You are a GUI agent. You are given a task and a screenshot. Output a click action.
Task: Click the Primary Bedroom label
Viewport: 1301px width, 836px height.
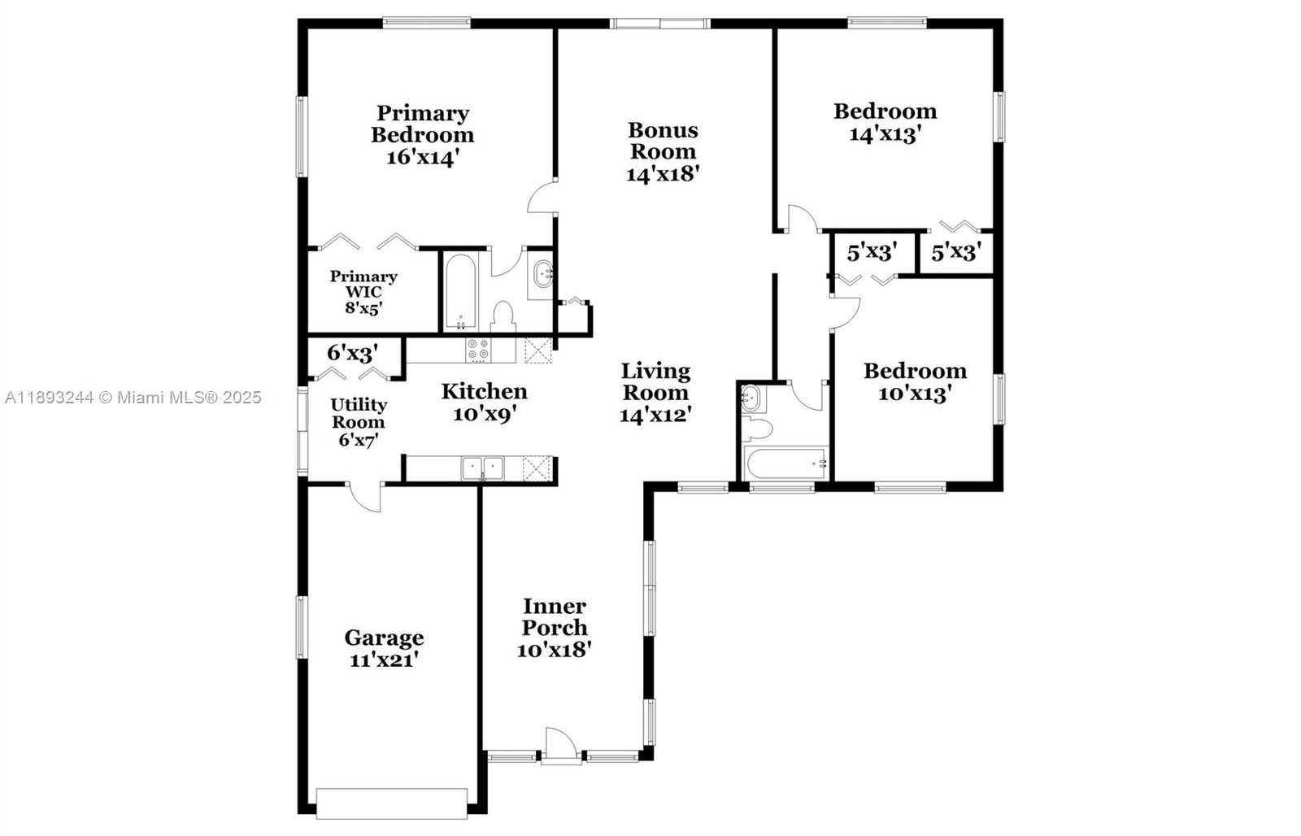pyautogui.click(x=423, y=124)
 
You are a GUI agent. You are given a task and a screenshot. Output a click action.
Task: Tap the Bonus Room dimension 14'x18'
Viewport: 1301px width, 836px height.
pyautogui.click(x=663, y=174)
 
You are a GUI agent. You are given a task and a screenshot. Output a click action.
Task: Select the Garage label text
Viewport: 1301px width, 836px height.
pyautogui.click(x=384, y=638)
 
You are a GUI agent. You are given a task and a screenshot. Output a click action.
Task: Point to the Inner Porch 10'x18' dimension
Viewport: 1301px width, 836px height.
pyautogui.click(x=554, y=650)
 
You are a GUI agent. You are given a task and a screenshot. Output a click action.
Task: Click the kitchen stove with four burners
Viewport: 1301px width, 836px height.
pyautogui.click(x=478, y=350)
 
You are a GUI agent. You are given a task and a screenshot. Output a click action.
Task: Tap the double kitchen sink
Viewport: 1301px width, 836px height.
pyautogui.click(x=483, y=468)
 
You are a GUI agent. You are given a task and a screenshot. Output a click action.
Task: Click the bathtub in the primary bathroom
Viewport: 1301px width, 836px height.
pyautogui.click(x=461, y=292)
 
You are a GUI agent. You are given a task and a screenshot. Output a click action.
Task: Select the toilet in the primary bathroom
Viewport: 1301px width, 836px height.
pyautogui.click(x=503, y=316)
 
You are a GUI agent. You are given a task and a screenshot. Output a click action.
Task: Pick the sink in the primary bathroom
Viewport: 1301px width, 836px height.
pyautogui.click(x=542, y=274)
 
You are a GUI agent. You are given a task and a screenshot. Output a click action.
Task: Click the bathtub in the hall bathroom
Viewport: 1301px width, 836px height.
pyautogui.click(x=786, y=463)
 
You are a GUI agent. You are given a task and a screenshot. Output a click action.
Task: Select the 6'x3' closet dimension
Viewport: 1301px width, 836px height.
pyautogui.click(x=353, y=353)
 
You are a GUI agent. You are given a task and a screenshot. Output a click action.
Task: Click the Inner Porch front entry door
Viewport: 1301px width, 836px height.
pyautogui.click(x=561, y=744)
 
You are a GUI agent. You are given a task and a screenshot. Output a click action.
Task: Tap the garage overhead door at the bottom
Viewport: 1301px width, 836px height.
pyautogui.click(x=391, y=803)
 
